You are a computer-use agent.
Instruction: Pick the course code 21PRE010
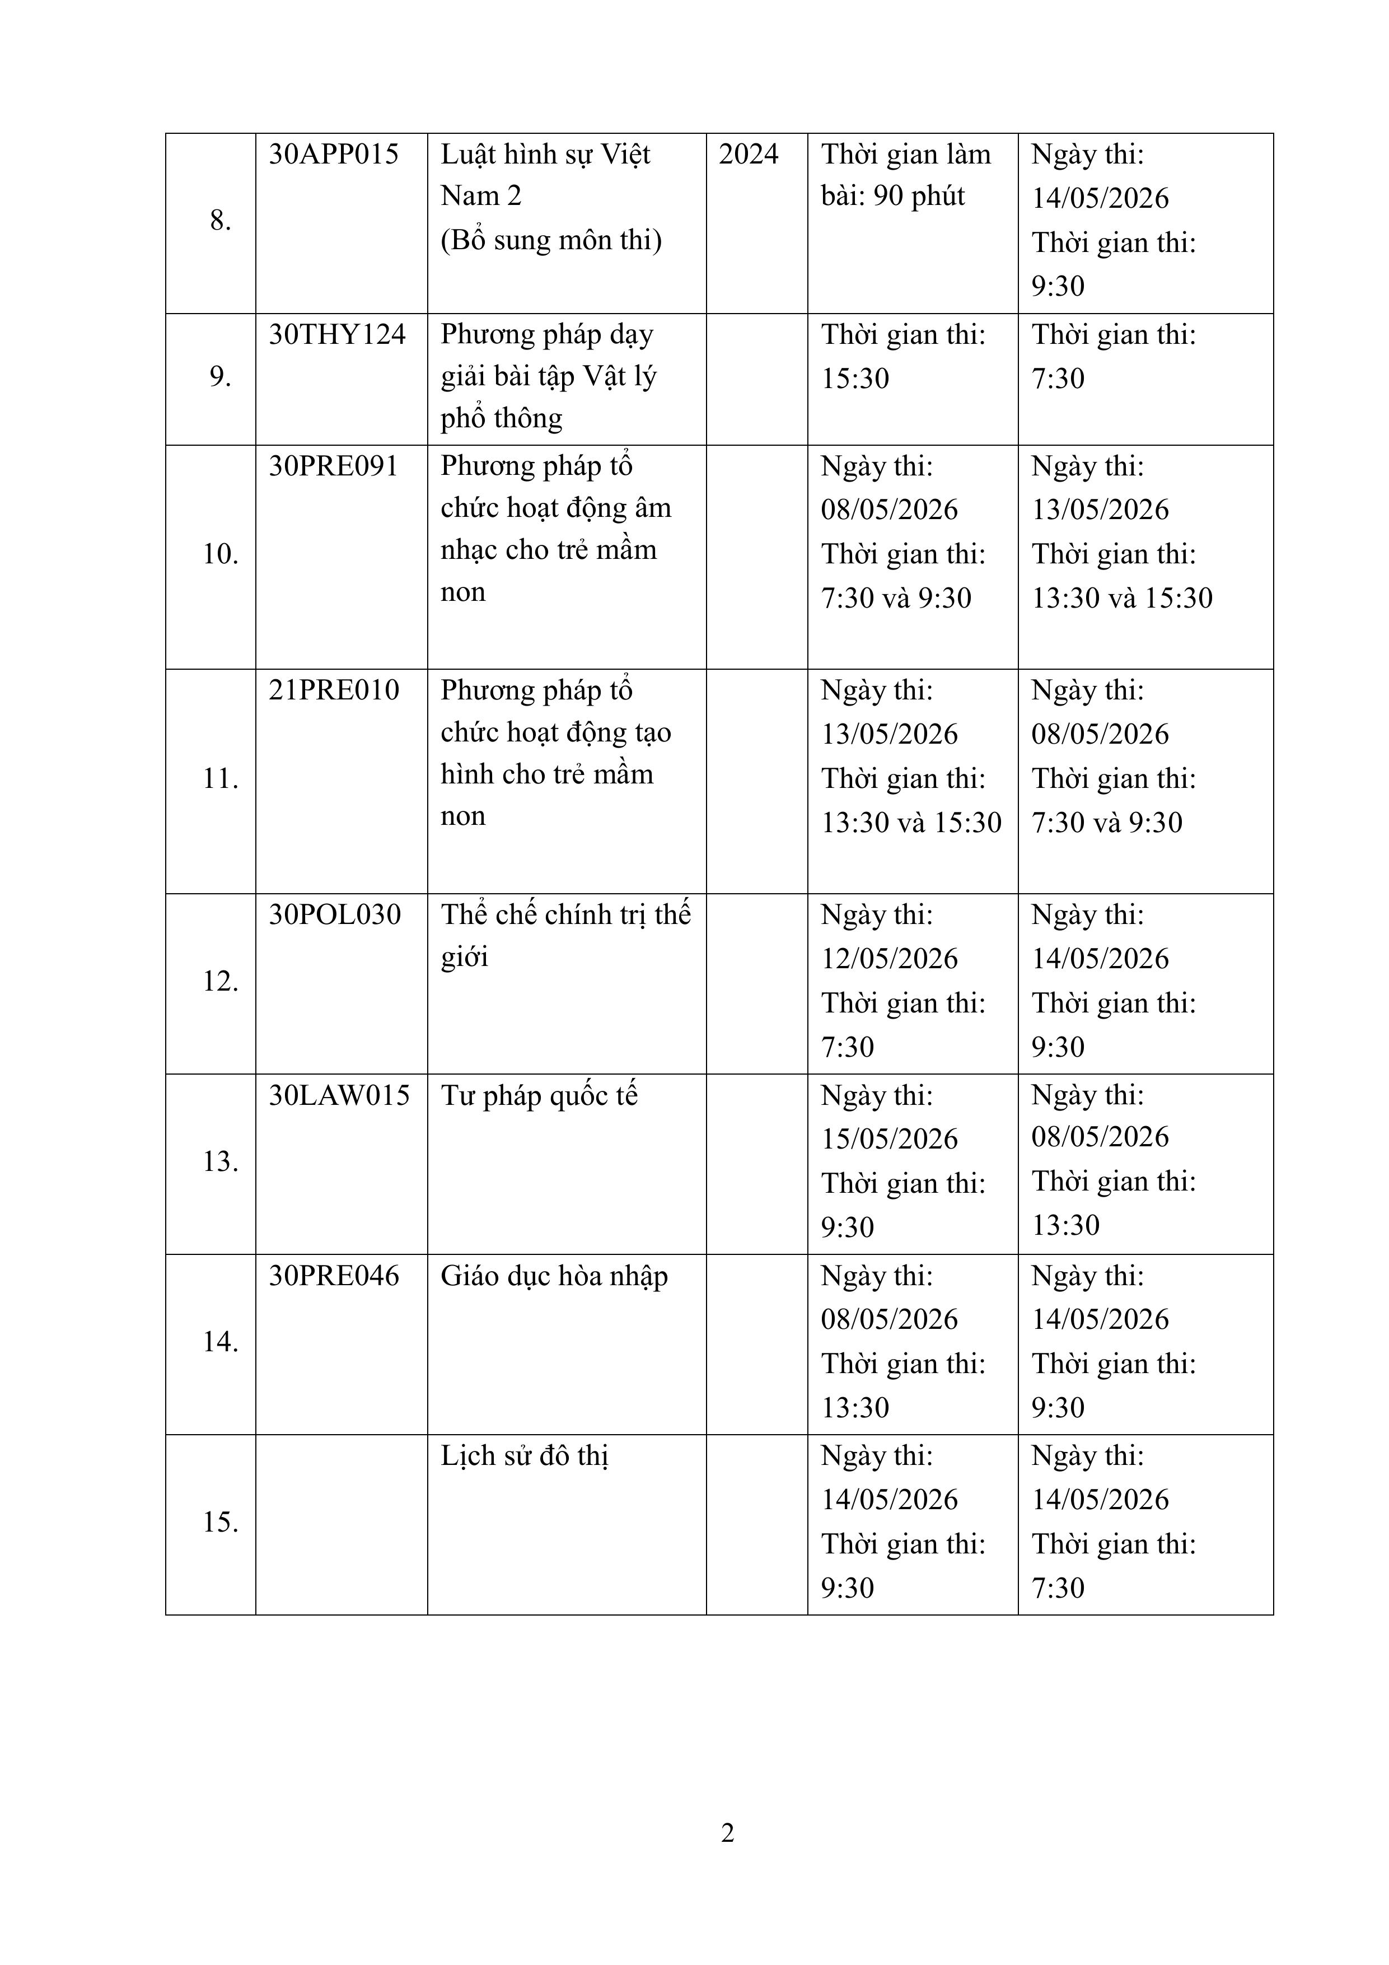334,690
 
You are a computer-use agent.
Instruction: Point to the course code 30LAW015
339,1095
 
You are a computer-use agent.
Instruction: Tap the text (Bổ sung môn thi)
551,240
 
